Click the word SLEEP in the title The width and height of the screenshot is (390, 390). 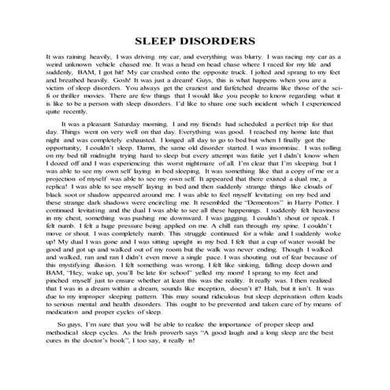tap(159, 39)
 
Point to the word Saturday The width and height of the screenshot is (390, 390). tap(140, 124)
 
